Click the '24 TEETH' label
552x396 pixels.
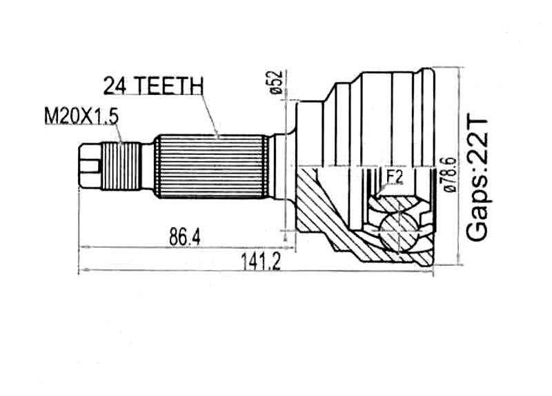point(152,85)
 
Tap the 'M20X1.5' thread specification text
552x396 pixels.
point(82,116)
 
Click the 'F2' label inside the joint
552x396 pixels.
point(394,178)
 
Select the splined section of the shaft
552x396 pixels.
point(210,166)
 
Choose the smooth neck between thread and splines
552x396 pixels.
point(146,166)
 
